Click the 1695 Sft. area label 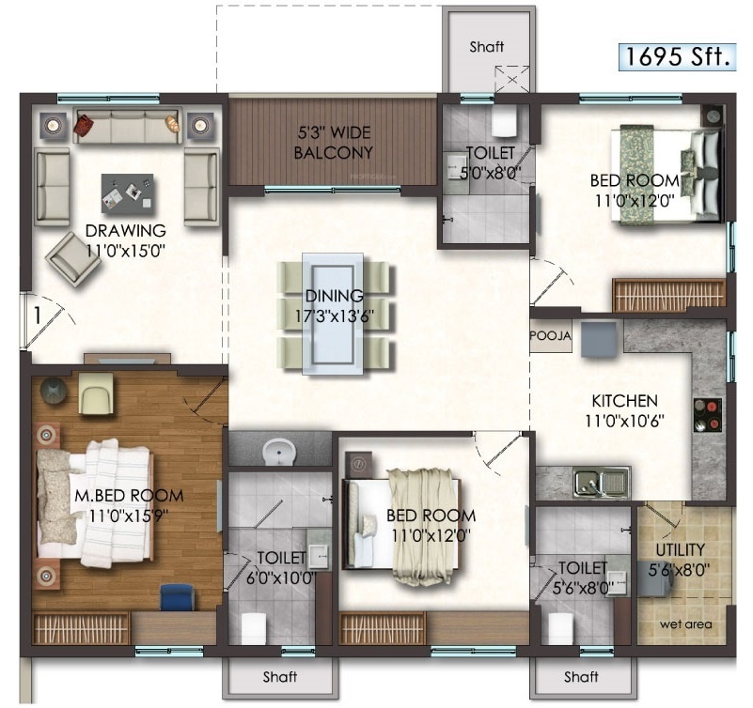pos(678,56)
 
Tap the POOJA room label pos(551,336)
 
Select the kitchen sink pos(603,482)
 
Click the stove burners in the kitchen pos(708,415)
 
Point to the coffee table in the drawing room pos(127,193)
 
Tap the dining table pos(333,314)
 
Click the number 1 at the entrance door pos(37,316)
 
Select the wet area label pos(685,624)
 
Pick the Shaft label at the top pos(486,47)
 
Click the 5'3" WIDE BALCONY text pos(334,143)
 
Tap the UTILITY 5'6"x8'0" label pos(680,560)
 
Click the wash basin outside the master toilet pos(279,451)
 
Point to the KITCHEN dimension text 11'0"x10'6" pos(624,422)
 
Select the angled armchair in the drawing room pos(73,259)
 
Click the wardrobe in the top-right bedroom pos(668,295)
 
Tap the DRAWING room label pos(125,231)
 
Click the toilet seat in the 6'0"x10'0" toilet pos(254,628)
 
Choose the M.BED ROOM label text pos(129,496)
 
